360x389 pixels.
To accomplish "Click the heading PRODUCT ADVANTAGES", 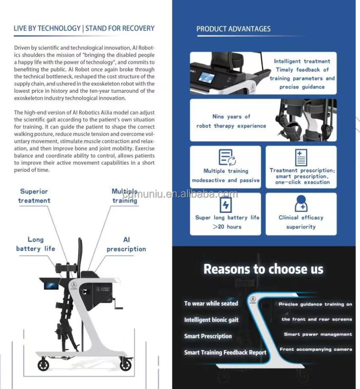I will (x=233, y=29).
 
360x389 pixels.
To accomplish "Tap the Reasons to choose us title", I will (x=263, y=269).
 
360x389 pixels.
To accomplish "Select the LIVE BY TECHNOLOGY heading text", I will (x=47, y=29).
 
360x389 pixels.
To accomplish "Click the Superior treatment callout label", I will (x=34, y=196).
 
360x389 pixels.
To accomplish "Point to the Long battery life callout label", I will (x=36, y=244).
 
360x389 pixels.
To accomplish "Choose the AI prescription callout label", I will (x=126, y=244).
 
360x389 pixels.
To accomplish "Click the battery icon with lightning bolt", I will (x=225, y=205).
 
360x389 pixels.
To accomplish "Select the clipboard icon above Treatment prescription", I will (x=301, y=157).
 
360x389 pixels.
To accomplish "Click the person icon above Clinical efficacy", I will (x=301, y=204).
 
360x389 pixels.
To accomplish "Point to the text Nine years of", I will (x=231, y=117).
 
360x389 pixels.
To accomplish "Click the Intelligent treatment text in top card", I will (x=302, y=61).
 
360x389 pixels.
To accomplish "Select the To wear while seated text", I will (x=211, y=303).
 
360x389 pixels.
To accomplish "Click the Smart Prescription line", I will (x=208, y=336).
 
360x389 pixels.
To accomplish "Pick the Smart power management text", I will (x=318, y=335).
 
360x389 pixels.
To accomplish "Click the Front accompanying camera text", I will (x=316, y=349).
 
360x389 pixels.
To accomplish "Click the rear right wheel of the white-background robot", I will (x=126, y=364).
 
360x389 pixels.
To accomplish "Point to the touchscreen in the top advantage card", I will (x=207, y=78).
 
